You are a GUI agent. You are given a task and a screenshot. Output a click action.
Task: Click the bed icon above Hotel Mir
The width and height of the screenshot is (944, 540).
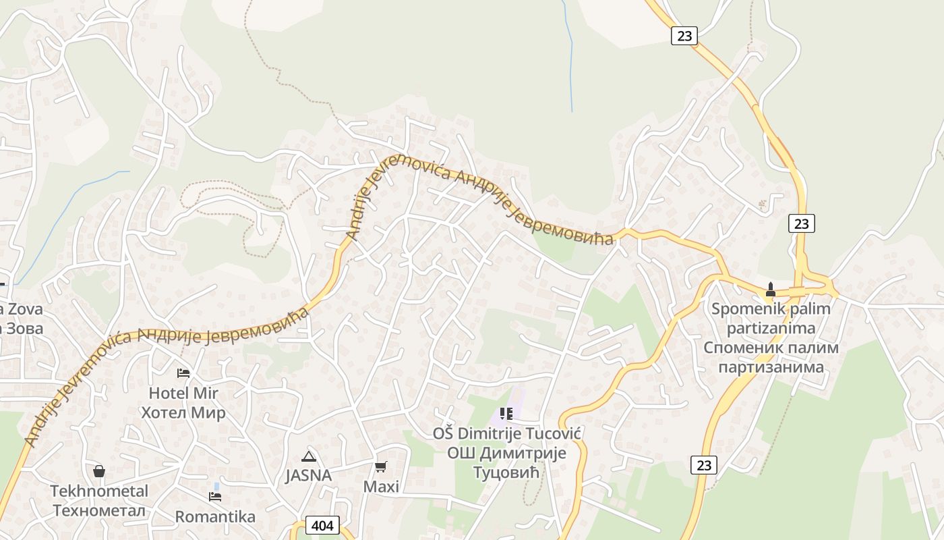[183, 373]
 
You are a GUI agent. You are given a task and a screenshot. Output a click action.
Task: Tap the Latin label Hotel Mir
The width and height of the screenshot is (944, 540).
[183, 393]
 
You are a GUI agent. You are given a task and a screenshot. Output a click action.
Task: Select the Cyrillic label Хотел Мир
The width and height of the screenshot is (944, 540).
[183, 412]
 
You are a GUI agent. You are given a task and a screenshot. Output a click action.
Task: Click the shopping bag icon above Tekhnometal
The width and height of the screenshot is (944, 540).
[99, 471]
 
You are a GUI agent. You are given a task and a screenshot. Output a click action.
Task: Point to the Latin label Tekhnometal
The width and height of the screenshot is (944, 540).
[99, 491]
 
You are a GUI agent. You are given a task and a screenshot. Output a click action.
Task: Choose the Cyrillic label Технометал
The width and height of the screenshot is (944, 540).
[99, 510]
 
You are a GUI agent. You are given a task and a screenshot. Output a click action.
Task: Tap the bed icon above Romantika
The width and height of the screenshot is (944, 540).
[215, 497]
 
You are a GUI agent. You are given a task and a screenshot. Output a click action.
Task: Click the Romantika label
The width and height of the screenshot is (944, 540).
[215, 516]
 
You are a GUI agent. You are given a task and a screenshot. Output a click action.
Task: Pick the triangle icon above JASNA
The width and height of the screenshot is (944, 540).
[309, 456]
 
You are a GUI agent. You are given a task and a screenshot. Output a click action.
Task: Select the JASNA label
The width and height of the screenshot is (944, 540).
[309, 475]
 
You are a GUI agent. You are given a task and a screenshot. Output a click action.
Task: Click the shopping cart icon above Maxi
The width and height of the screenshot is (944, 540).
[381, 467]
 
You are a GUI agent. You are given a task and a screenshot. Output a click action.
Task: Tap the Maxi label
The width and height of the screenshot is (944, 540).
[381, 487]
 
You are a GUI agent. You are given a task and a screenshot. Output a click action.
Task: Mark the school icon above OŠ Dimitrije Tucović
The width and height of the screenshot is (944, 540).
[506, 413]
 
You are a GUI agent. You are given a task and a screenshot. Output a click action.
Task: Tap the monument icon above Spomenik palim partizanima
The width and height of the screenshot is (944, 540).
[771, 290]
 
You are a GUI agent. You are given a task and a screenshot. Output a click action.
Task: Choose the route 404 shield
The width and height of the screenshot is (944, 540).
[322, 525]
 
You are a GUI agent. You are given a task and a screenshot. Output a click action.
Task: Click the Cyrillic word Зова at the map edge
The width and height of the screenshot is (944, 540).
[24, 329]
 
